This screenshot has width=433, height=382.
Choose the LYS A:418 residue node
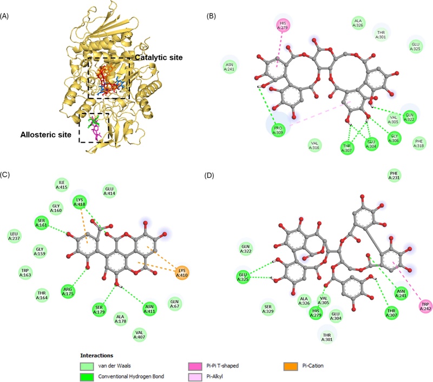click(x=80, y=204)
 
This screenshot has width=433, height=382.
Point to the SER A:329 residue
click(x=267, y=307)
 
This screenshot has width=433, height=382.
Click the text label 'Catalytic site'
click(x=159, y=57)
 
